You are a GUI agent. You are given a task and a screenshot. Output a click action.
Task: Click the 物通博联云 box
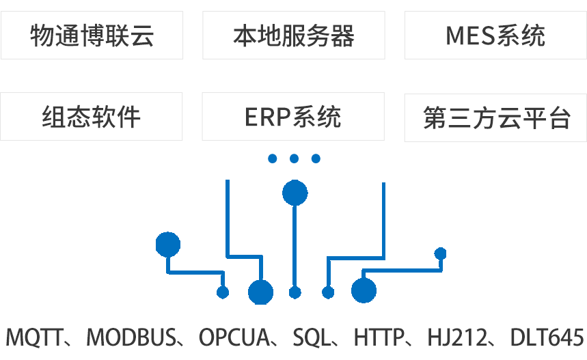92,35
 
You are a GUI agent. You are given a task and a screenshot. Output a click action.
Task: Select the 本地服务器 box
293,35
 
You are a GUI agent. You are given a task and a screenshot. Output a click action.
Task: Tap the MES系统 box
495,35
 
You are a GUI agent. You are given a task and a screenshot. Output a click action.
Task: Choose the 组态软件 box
92,117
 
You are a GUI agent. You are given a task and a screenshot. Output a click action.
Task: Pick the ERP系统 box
293,117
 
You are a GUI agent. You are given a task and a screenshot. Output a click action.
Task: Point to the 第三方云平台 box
495,117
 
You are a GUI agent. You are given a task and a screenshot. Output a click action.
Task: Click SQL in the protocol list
311,337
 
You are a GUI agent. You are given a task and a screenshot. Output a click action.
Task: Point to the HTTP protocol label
378,337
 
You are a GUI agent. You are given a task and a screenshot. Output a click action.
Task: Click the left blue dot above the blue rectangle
273,158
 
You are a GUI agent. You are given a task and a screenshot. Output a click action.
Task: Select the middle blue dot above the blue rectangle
295,158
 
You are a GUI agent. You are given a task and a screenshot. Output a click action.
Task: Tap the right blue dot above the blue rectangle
316,158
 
